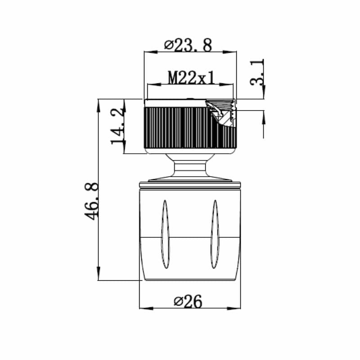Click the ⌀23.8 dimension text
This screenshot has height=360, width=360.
188,45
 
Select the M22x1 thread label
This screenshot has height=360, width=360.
191,78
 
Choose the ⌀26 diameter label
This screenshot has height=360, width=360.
187,301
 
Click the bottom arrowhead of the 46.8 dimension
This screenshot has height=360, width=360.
99,276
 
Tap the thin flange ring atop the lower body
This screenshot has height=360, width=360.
190,184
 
